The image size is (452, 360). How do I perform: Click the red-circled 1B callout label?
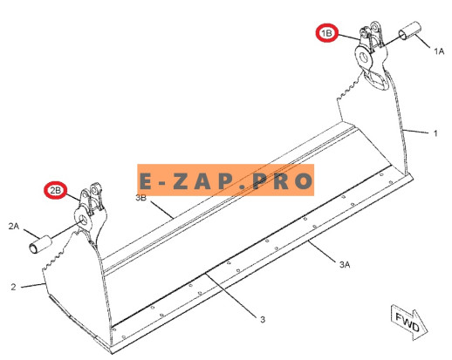(x=326, y=33)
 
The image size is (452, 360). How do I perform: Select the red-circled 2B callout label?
(x=55, y=191)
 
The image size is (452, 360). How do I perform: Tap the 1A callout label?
(x=439, y=51)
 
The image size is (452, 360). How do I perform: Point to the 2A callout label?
(x=14, y=226)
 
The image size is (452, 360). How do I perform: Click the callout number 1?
(x=435, y=133)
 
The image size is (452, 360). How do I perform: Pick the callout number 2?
(x=13, y=287)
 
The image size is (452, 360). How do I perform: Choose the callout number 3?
(x=263, y=320)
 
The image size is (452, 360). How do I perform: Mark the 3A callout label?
(x=345, y=264)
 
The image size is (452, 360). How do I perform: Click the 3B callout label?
(x=141, y=198)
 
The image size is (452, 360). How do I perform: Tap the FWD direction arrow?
(x=409, y=322)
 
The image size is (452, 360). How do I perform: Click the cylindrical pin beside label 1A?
(x=410, y=31)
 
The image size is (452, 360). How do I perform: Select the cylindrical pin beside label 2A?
(x=40, y=246)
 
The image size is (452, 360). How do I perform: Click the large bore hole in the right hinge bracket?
(x=364, y=57)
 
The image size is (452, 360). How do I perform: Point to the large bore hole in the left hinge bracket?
(x=84, y=220)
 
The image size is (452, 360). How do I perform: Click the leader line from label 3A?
(x=322, y=250)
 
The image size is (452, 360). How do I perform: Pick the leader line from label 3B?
(x=161, y=210)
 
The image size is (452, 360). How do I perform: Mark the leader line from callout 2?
(x=33, y=286)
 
